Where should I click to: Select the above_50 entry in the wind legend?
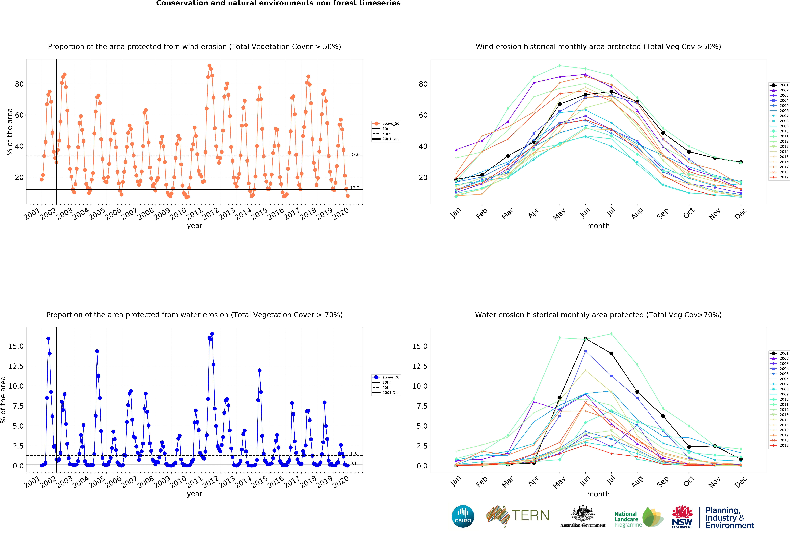387,123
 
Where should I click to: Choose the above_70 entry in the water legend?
387,377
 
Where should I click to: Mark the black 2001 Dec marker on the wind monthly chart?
741,162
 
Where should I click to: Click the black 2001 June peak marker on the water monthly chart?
585,339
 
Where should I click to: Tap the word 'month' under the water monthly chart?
598,494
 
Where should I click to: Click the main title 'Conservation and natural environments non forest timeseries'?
278,3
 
